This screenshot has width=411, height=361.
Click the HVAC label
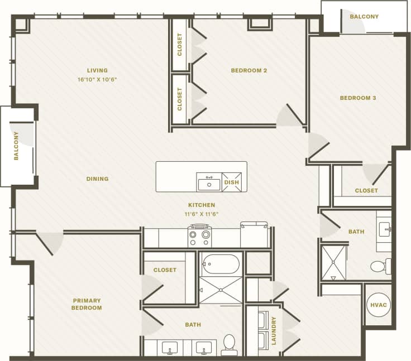pyautogui.click(x=378, y=305)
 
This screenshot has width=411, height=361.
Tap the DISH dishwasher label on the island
pyautogui.click(x=231, y=182)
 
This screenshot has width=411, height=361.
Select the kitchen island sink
pyautogui.click(x=209, y=183)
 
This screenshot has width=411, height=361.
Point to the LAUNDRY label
pyautogui.click(x=274, y=331)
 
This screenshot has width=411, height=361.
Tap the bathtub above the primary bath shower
pyautogui.click(x=221, y=264)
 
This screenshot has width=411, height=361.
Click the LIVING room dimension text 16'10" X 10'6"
pyautogui.click(x=97, y=79)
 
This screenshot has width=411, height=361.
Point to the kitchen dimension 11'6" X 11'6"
pyautogui.click(x=202, y=214)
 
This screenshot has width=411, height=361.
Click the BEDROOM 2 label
pyautogui.click(x=249, y=70)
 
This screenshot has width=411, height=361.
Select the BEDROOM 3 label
pyautogui.click(x=358, y=98)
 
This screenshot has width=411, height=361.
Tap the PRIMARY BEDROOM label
pyautogui.click(x=87, y=304)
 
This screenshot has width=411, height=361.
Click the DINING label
pyautogui.click(x=97, y=179)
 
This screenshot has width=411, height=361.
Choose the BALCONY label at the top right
pyautogui.click(x=364, y=17)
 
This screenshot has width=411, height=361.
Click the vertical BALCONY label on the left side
pyautogui.click(x=16, y=146)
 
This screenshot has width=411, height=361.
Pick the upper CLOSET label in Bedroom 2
pyautogui.click(x=180, y=45)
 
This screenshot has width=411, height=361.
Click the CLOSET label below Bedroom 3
pyautogui.click(x=366, y=191)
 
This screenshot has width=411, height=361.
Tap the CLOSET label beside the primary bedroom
pyautogui.click(x=165, y=270)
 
